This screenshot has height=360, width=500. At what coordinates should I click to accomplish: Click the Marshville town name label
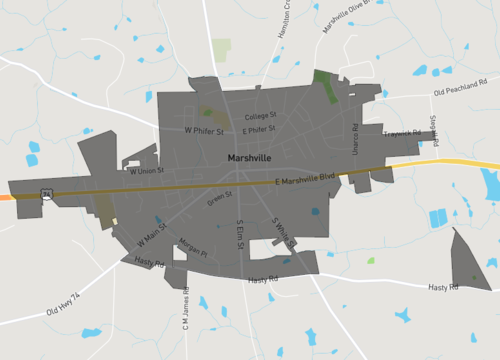[249, 158]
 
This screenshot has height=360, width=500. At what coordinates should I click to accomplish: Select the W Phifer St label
[204, 130]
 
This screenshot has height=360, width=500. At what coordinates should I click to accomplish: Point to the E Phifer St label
[258, 130]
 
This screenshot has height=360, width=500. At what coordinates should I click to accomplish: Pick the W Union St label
[146, 170]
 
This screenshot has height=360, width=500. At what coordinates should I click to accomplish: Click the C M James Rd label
[185, 310]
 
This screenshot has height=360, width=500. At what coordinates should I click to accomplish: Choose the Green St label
[218, 199]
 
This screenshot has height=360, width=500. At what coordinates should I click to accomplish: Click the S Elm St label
[240, 236]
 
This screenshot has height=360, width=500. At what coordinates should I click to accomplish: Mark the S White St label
[283, 232]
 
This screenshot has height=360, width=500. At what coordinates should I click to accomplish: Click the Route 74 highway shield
[47, 192]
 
